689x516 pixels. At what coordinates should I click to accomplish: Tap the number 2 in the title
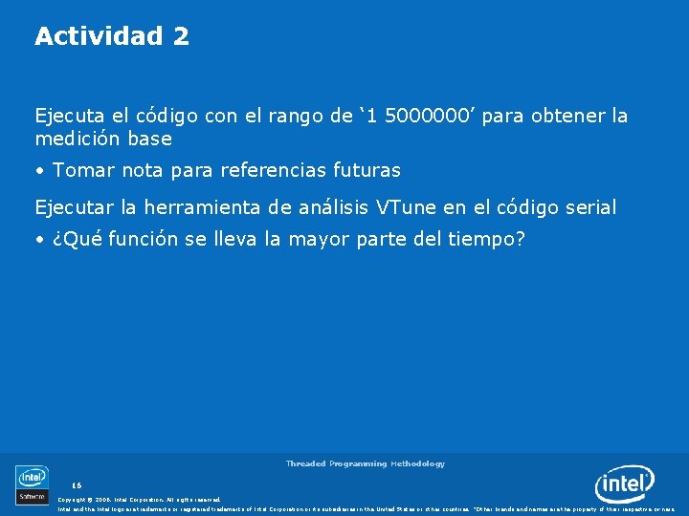tap(181, 36)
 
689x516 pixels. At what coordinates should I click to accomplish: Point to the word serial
tap(590, 206)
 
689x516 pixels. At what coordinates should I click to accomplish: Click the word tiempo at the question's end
tap(485, 239)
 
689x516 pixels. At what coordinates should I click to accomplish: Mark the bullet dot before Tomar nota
tap(39, 172)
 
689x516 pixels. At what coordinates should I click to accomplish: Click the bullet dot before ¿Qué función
tap(39, 240)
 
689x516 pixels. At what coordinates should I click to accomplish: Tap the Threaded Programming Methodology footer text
tap(365, 463)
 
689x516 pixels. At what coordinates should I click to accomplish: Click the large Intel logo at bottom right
tap(624, 484)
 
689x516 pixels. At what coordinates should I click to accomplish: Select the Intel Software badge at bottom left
tap(32, 484)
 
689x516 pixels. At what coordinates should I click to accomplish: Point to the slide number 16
tap(77, 485)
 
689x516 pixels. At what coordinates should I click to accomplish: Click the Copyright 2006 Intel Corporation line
tap(139, 499)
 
